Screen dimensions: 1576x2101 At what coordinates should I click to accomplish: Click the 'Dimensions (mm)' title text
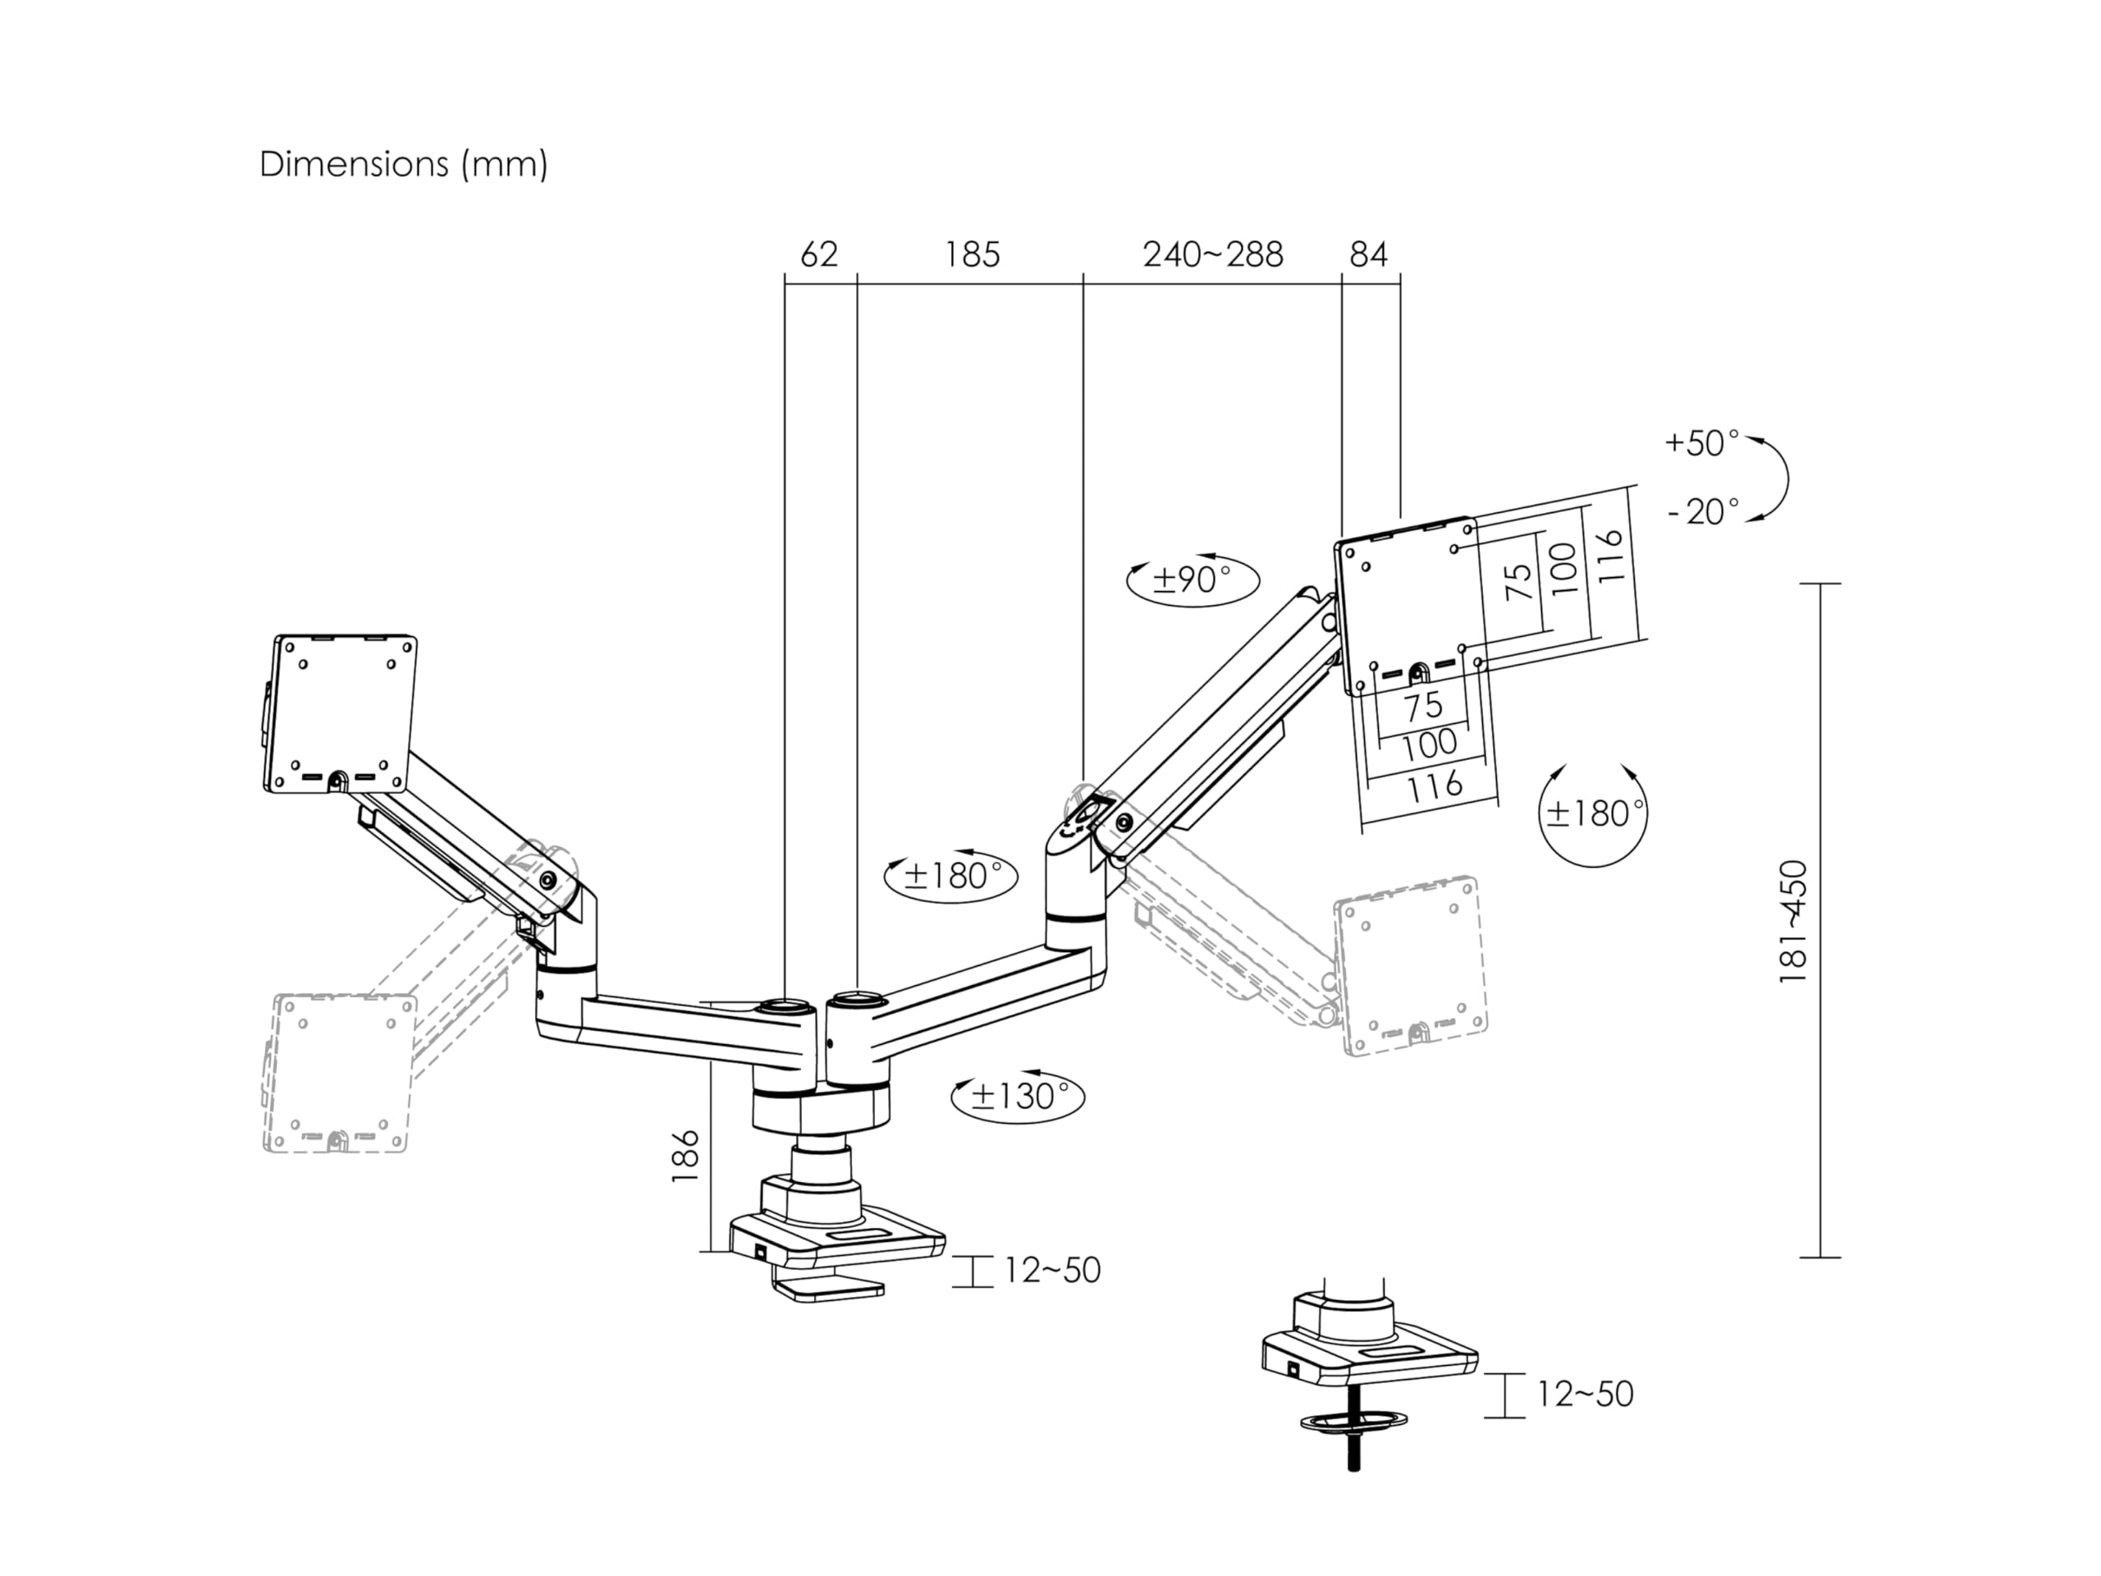(x=404, y=164)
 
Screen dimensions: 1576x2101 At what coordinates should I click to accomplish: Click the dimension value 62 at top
(x=819, y=254)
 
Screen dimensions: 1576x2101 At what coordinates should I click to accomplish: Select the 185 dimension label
(x=972, y=254)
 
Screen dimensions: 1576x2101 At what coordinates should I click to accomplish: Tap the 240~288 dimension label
(x=1213, y=254)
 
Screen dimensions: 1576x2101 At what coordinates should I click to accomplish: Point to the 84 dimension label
(x=1368, y=254)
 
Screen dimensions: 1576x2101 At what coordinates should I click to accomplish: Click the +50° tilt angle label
(x=1701, y=442)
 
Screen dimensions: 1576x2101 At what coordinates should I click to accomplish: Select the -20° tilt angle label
(x=1703, y=512)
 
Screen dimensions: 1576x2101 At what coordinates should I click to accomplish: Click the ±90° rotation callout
(x=1192, y=579)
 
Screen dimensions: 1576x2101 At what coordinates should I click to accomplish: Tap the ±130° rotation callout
(x=1016, y=1097)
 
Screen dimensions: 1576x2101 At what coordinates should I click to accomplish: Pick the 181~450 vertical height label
(x=1792, y=922)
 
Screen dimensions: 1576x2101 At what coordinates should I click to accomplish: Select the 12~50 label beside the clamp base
(x=1052, y=1270)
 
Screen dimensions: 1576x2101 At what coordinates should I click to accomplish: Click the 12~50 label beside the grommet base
(x=1584, y=1394)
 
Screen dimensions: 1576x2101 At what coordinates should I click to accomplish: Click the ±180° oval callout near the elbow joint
(x=950, y=875)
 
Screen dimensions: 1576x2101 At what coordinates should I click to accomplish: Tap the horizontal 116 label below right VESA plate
(x=1435, y=786)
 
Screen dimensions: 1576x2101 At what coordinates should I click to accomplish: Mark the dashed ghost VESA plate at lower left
(x=339, y=1074)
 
